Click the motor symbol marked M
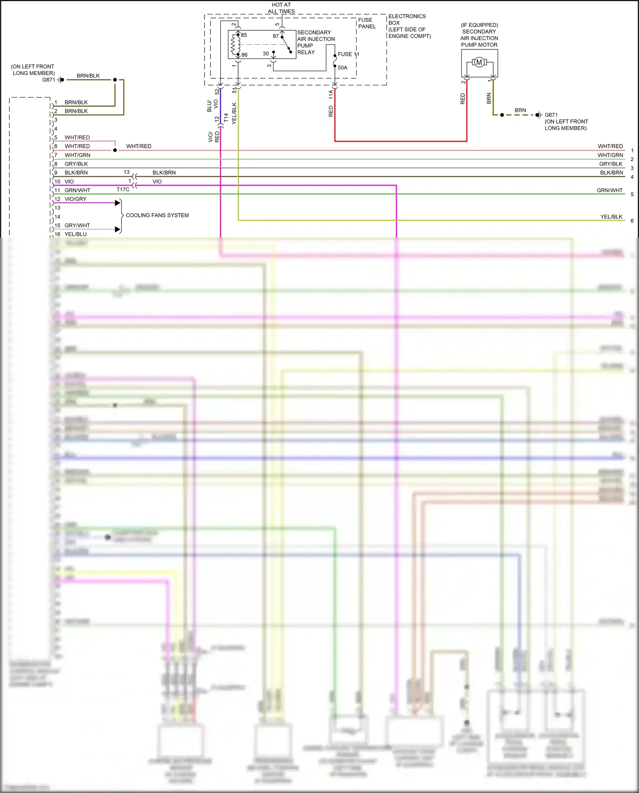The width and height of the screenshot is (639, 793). (479, 63)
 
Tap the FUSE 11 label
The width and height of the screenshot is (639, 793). (348, 54)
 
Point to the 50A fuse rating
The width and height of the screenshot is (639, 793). (343, 67)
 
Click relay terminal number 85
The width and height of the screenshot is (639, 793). (244, 35)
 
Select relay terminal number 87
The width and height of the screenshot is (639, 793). (276, 36)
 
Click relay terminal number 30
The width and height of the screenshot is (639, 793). (266, 54)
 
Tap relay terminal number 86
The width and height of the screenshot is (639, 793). (245, 55)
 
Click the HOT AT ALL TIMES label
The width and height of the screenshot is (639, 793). (281, 8)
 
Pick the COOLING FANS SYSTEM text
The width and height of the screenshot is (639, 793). (157, 215)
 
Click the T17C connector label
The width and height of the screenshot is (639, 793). (123, 190)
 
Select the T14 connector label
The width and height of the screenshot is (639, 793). (226, 118)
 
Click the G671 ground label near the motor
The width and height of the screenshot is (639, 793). (551, 115)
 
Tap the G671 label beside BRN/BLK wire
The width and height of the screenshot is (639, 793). (49, 80)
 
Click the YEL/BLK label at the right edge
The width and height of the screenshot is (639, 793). (611, 216)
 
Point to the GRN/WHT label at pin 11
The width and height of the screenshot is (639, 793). (78, 190)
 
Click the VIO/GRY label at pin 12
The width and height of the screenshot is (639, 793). (75, 199)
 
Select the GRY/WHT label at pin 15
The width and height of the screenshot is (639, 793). (77, 225)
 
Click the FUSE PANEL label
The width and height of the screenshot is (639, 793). (367, 23)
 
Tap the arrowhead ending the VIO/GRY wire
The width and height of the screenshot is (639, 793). (118, 203)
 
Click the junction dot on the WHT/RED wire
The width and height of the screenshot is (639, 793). (115, 150)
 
